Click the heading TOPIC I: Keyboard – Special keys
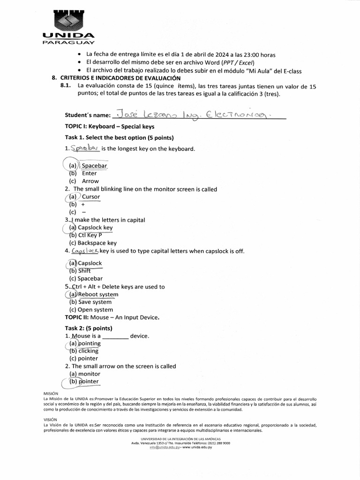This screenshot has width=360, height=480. [x=109, y=127]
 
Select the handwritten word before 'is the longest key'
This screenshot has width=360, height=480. [x=85, y=148]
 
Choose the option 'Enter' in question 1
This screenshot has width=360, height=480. [x=89, y=173]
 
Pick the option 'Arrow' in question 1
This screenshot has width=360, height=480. [x=90, y=181]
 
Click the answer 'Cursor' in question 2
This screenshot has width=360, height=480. [x=91, y=197]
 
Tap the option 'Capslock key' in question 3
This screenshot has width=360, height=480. [x=95, y=228]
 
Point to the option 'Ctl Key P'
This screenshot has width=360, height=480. [x=90, y=235]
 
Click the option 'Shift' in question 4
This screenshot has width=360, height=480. [x=84, y=270]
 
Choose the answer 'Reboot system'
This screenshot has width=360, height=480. [x=98, y=294]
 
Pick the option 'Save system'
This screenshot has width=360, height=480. [x=95, y=302]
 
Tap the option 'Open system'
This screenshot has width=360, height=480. [x=96, y=309]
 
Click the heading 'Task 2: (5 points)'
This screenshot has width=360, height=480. [x=89, y=328]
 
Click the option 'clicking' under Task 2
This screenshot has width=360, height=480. [x=88, y=351]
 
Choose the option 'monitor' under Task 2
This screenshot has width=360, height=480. [x=89, y=374]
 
